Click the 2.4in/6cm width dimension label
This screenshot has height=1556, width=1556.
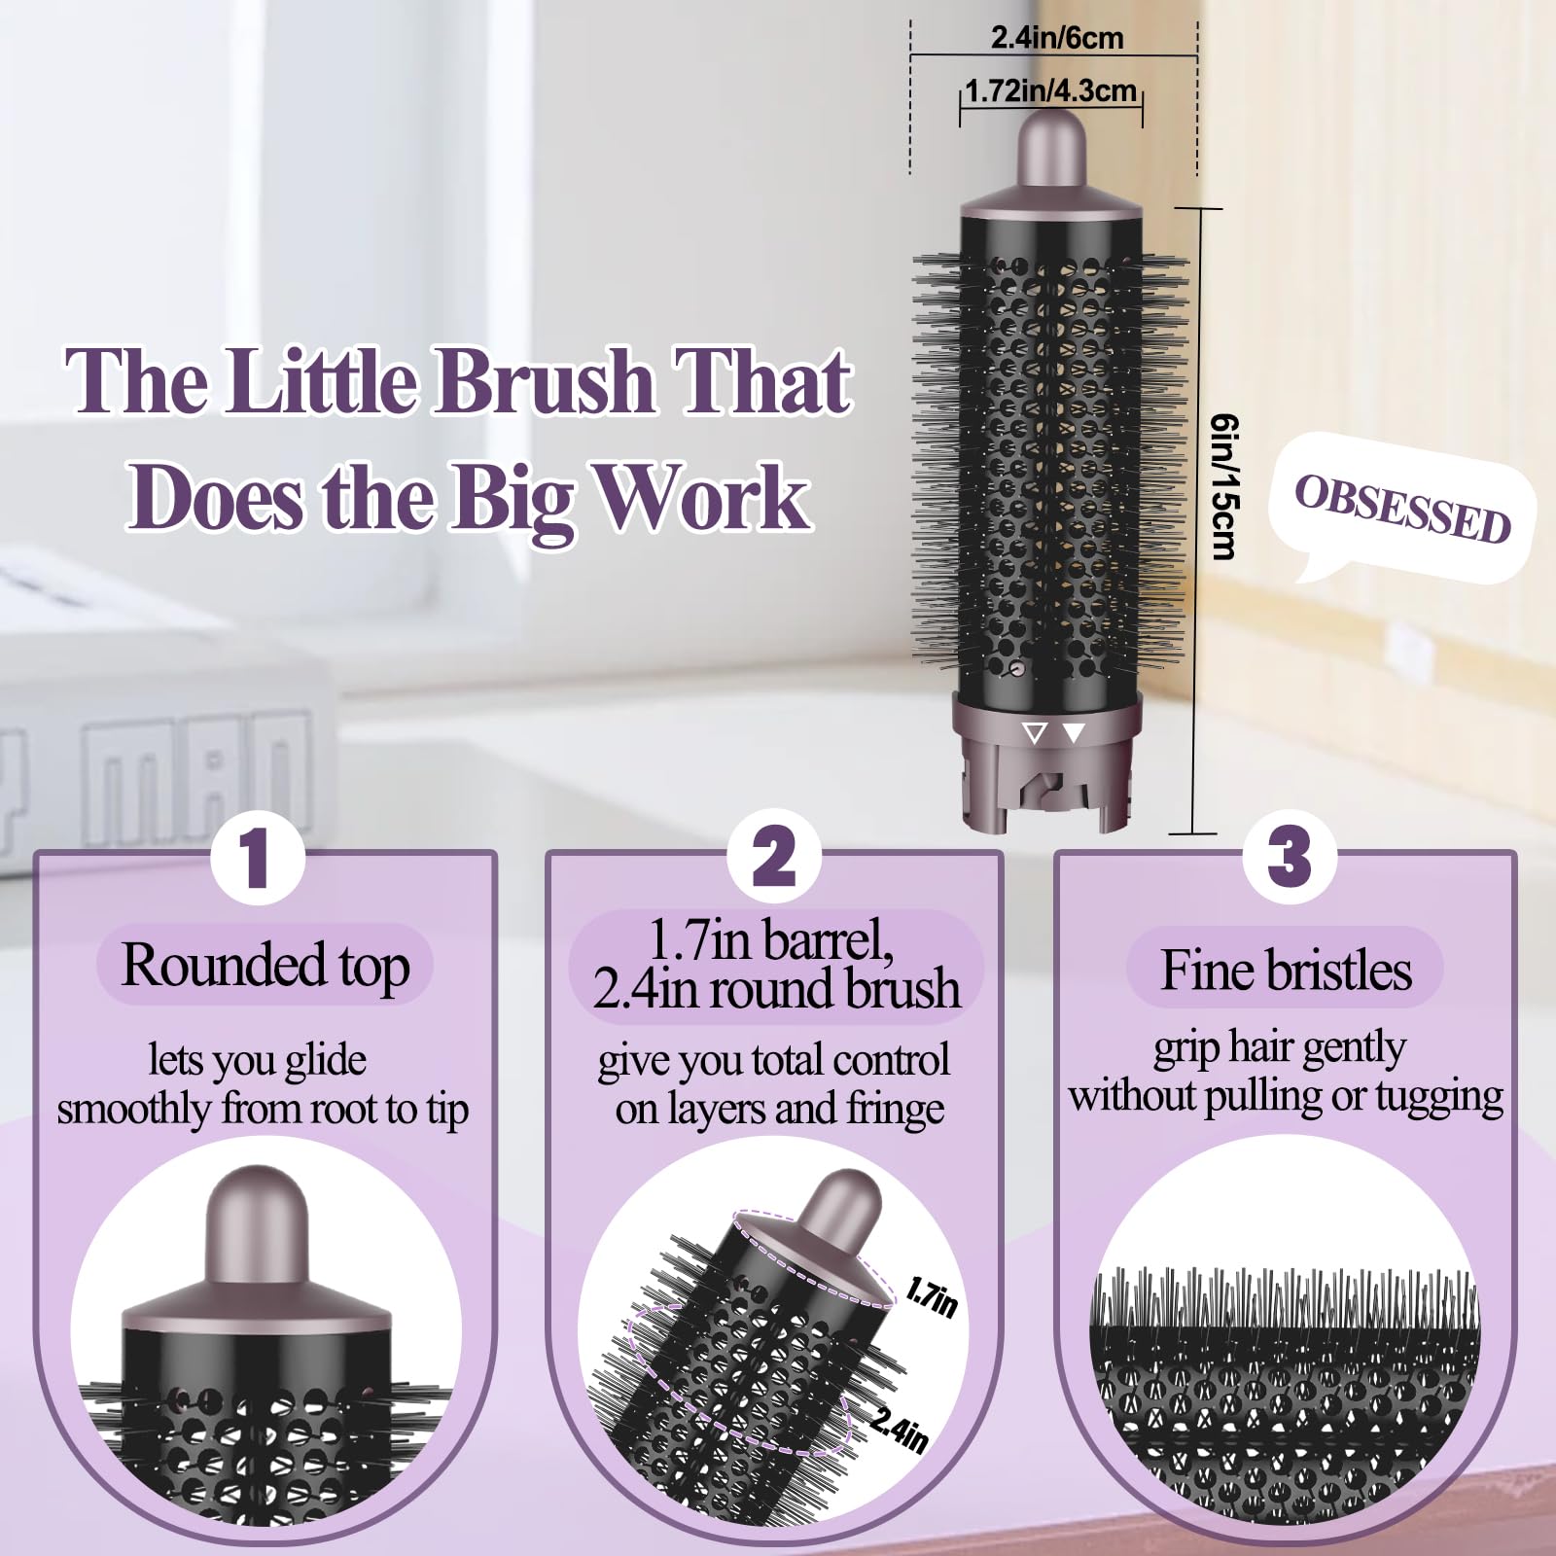tap(1056, 38)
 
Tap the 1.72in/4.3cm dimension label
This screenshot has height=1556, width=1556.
tap(1050, 90)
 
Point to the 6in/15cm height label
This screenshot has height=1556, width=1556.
tap(1223, 486)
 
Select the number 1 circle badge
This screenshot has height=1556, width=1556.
tap(257, 857)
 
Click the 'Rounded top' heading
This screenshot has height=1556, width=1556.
tap(265, 965)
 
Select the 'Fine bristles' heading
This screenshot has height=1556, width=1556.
tap(1286, 970)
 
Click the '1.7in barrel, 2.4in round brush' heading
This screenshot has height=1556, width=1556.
tap(776, 964)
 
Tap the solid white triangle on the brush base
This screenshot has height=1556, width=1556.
tap(1074, 733)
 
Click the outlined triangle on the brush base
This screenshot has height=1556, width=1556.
tap(1036, 733)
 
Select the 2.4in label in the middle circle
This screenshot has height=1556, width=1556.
tap(899, 1430)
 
